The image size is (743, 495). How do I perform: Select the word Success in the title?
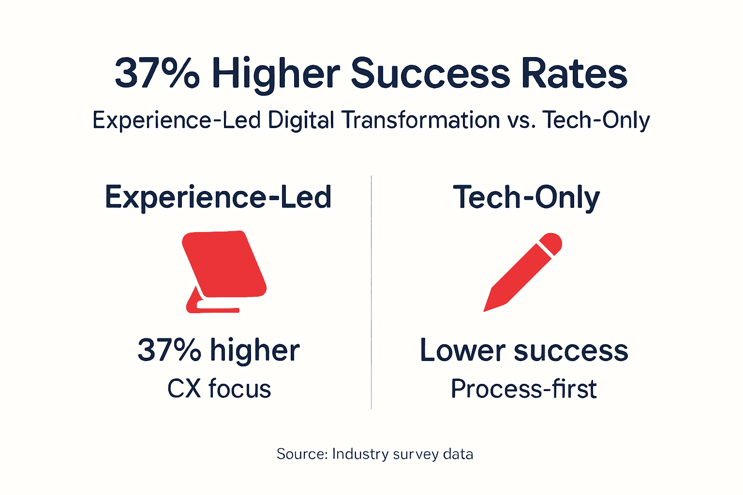coord(430,74)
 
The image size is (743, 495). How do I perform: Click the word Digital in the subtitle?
coord(300,120)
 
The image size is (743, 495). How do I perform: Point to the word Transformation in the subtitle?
coord(420,120)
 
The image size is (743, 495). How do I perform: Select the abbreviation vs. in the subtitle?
coord(521,120)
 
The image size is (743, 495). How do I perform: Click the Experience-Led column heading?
coord(218,197)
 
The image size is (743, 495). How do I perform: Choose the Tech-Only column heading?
coord(526,197)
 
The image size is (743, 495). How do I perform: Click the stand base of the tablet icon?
coord(213,308)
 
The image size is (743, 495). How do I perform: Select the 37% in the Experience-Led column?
coord(169,350)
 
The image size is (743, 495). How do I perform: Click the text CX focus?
coord(219,389)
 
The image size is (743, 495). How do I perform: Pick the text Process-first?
coord(524,389)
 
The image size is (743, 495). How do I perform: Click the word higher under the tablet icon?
coord(254,350)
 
